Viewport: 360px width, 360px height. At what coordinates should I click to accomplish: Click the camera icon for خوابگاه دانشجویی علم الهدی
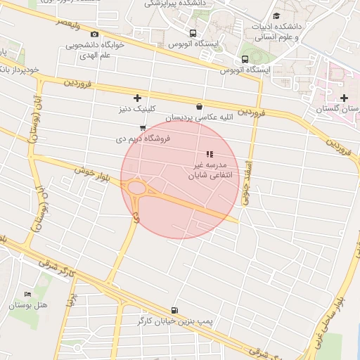95,34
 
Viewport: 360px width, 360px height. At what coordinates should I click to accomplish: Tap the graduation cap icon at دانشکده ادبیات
276,15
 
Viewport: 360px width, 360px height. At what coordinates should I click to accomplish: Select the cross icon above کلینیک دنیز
137,98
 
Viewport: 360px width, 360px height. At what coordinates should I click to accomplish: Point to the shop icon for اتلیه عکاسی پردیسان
200,107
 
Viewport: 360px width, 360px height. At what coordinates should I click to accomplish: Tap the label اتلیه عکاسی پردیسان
199,117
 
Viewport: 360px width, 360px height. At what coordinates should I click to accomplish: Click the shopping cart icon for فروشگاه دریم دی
143,128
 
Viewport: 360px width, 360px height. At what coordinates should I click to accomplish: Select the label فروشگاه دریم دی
142,139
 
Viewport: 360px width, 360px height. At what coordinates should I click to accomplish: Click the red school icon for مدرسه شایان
209,153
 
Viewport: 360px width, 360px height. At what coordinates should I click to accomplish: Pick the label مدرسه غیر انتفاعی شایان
208,169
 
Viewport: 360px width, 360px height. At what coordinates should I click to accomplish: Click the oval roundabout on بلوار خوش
137,188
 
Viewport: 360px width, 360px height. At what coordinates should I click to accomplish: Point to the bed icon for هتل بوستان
28,294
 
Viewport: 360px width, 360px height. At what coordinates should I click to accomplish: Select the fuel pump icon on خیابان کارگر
174,310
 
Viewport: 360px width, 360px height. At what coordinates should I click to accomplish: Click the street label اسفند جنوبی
247,181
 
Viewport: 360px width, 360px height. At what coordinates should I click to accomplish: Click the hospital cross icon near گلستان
344,98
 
